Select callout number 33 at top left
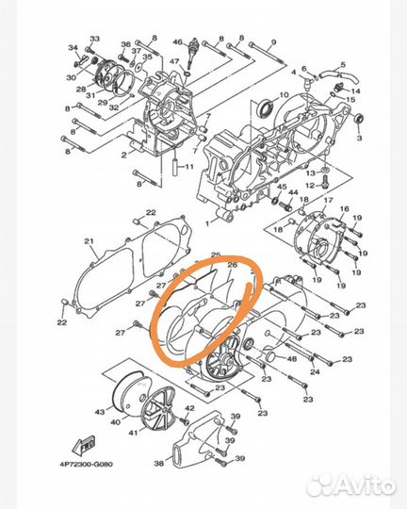pos(93,39)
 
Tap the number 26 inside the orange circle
pos(232,266)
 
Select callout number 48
pos(291,358)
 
